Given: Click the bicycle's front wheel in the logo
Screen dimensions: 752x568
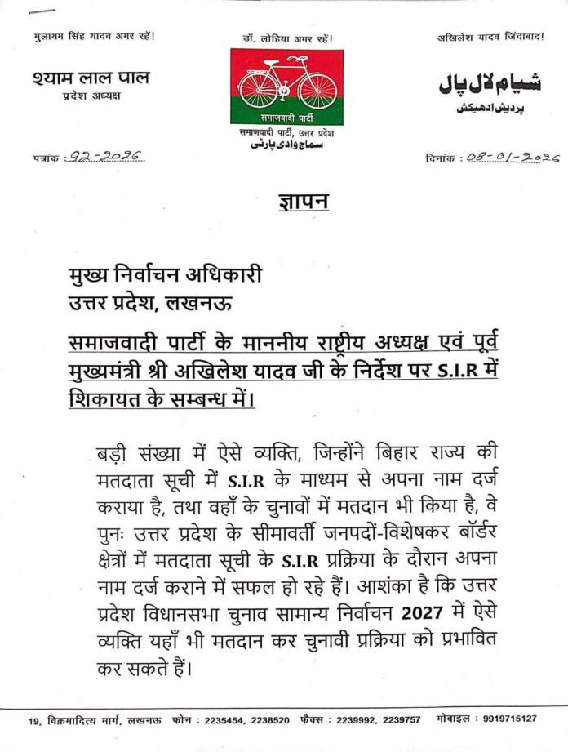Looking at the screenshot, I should pyautogui.click(x=318, y=91).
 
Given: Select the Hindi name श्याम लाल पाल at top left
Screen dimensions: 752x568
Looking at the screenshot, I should pyautogui.click(x=92, y=78).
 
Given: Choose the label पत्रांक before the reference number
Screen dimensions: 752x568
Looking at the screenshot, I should pyautogui.click(x=47, y=157).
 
